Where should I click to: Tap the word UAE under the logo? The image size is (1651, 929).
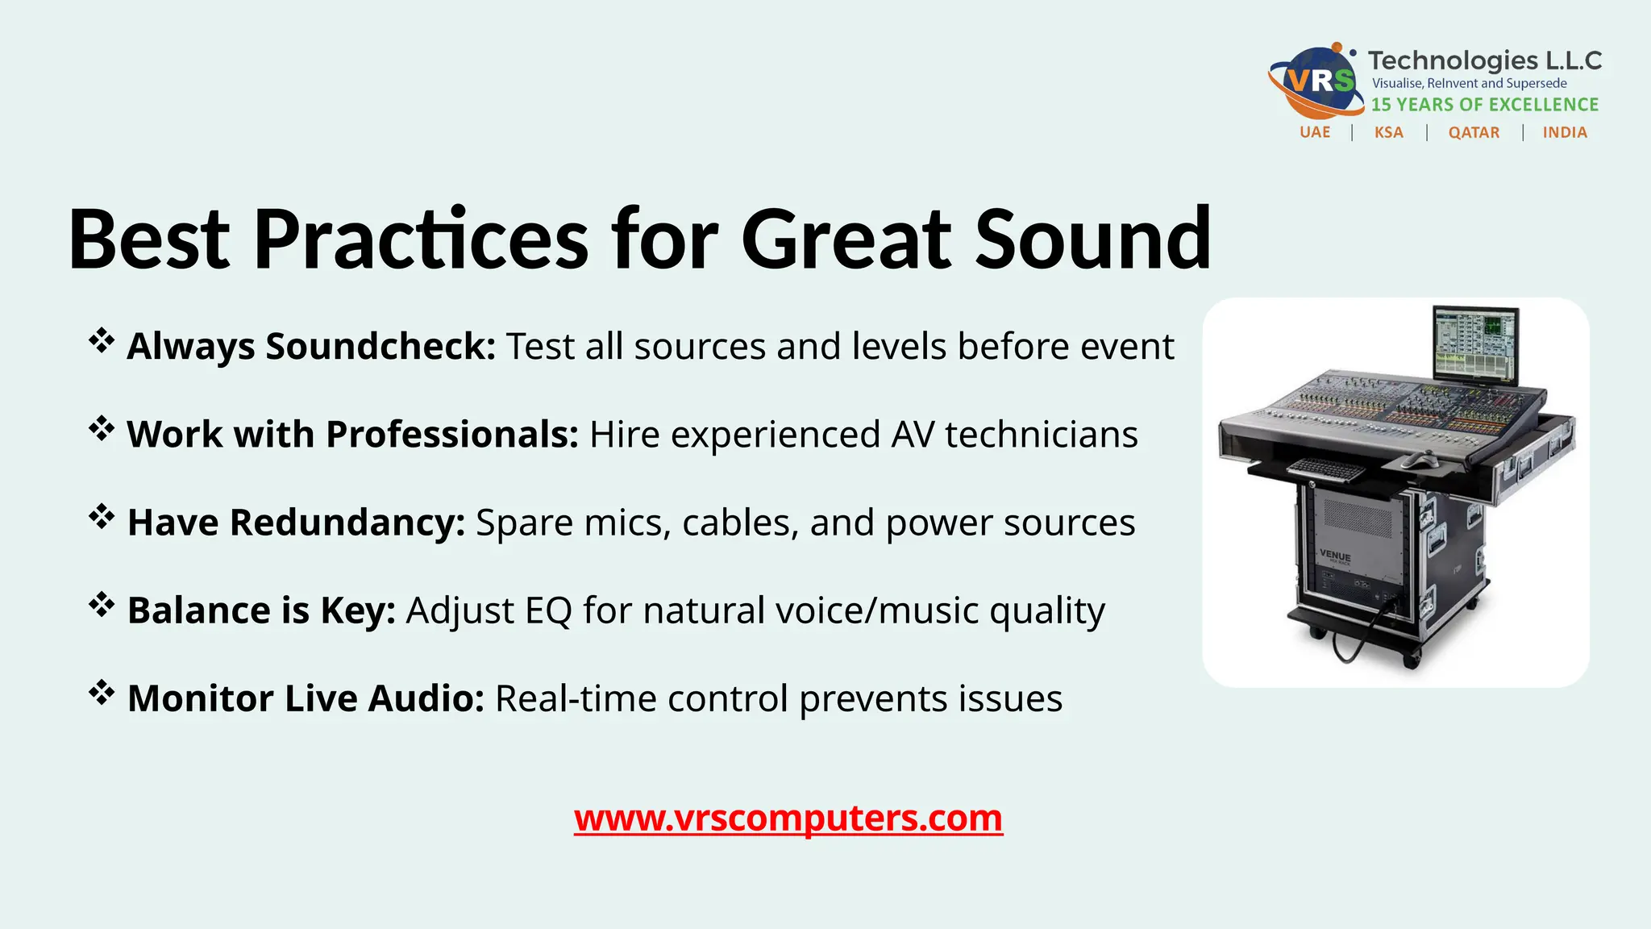[x=1315, y=132]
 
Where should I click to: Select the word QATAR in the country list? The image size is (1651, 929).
[x=1474, y=132]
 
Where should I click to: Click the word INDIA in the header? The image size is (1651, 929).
[x=1565, y=132]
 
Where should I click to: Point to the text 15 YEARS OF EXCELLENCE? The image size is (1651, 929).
[x=1485, y=105]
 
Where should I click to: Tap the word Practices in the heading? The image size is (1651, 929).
[x=421, y=240]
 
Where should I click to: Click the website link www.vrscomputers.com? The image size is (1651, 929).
[x=788, y=819]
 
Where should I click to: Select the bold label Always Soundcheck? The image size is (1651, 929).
[x=311, y=347]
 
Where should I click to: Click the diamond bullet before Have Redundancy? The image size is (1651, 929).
[x=102, y=517]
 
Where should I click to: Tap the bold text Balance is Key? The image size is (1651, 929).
[x=261, y=610]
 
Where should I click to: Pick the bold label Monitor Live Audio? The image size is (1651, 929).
[x=306, y=698]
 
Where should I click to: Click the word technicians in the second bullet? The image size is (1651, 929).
[x=1041, y=435]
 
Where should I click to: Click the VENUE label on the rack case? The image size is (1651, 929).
[x=1335, y=556]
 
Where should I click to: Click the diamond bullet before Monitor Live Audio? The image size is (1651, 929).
[x=102, y=693]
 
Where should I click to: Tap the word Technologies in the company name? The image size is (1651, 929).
[x=1441, y=60]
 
